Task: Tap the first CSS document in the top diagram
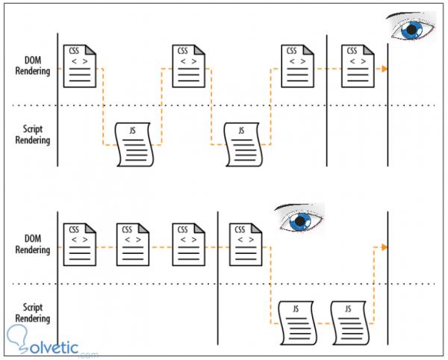pos(80,65)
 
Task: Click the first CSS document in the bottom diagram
pos(80,243)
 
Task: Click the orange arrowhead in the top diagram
pos(384,69)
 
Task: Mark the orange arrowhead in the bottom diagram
pos(384,246)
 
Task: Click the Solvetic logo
pos(52,342)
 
